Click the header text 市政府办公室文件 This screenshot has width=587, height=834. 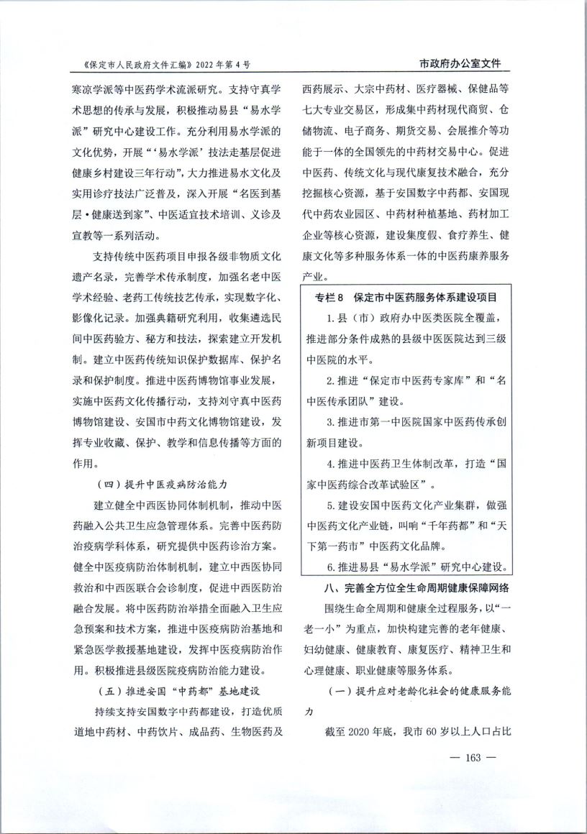click(x=460, y=63)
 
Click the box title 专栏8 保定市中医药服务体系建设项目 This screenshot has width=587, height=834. click(x=406, y=296)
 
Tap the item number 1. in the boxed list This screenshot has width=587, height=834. click(x=331, y=318)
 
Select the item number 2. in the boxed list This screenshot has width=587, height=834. click(x=331, y=380)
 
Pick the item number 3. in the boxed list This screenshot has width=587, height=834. click(x=331, y=421)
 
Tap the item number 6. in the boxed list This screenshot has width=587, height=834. click(x=331, y=566)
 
